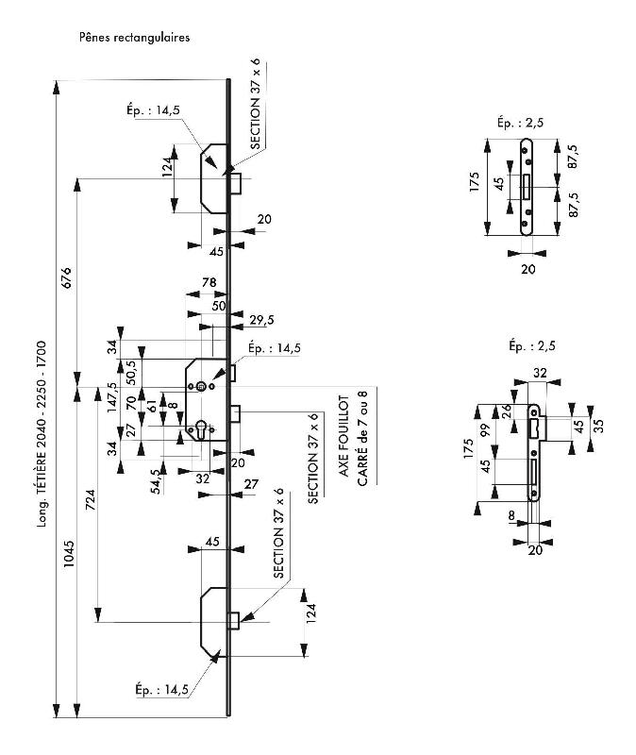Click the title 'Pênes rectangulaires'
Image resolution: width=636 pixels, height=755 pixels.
click(x=136, y=39)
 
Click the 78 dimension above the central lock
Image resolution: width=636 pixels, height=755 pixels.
click(x=209, y=284)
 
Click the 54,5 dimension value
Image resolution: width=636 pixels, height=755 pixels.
click(x=158, y=479)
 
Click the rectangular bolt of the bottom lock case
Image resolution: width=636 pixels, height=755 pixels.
click(x=234, y=621)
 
